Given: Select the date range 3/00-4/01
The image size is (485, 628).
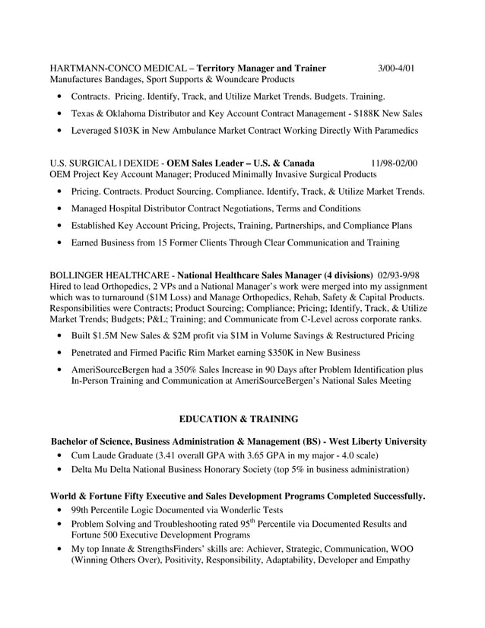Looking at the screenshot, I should [397, 68].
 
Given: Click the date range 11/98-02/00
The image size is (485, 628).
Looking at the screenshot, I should [394, 163].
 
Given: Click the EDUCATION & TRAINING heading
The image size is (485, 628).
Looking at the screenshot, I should [238, 419].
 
